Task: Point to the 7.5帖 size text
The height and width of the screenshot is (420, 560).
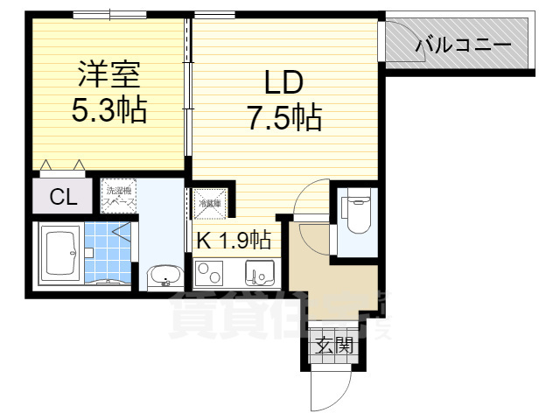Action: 283,117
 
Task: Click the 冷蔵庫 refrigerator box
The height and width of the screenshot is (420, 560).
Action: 210,204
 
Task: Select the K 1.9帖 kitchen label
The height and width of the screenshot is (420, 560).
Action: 233,239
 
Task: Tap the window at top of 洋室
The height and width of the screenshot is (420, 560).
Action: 109,14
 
